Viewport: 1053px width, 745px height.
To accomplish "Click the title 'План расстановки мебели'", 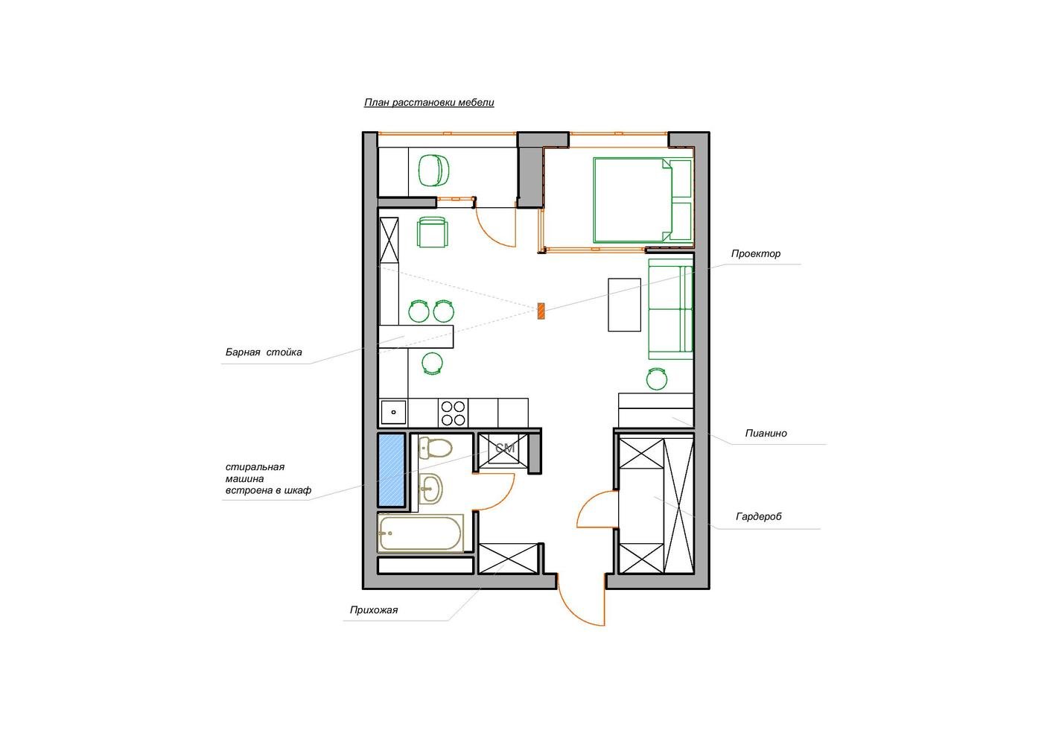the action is click(x=429, y=103).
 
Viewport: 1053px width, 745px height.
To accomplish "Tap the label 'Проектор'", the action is click(x=755, y=254).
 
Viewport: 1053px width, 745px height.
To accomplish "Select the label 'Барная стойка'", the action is click(x=264, y=352).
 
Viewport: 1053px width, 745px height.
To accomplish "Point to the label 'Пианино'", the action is click(x=766, y=433).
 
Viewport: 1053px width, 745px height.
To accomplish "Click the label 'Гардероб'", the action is click(x=759, y=516).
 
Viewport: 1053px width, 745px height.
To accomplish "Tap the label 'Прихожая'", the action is click(x=374, y=610).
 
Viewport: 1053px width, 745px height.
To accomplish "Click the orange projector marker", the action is click(x=541, y=311).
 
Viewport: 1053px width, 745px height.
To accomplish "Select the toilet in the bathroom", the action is click(x=436, y=448).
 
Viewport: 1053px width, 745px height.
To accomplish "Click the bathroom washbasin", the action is click(x=430, y=489).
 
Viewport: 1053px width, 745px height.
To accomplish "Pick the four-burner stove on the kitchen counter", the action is click(x=454, y=413).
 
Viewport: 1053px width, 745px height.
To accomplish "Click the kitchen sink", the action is click(x=393, y=413).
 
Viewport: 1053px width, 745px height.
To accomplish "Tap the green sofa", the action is click(x=670, y=308).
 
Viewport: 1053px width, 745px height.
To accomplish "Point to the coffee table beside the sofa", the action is click(x=624, y=305).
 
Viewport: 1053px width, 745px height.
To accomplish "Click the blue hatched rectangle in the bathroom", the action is click(x=391, y=470).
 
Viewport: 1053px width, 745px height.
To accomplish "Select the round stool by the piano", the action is click(x=657, y=378).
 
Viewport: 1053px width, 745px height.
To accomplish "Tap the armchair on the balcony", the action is click(x=434, y=171).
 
